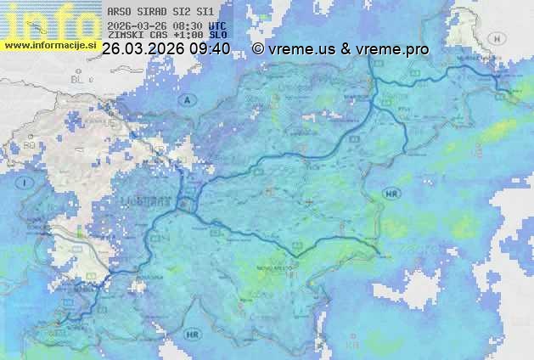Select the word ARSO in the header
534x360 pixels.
pos(119,12)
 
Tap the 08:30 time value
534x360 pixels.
pos(188,25)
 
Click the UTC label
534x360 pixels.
pos(217,25)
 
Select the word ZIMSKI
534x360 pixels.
pos(123,37)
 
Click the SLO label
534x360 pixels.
pos(218,37)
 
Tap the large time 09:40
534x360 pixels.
pos(209,49)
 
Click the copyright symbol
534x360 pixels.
pos(258,49)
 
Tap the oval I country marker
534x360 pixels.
pos(26,183)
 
